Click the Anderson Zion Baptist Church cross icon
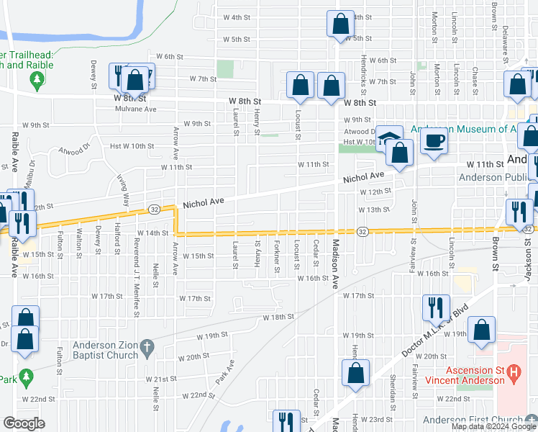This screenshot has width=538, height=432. point(147,347)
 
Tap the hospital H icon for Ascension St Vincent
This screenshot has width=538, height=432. point(514,374)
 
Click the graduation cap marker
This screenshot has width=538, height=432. point(389,138)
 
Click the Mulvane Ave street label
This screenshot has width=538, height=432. point(136,109)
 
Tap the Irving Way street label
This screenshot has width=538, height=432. point(126,192)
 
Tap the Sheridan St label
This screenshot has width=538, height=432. point(393,387)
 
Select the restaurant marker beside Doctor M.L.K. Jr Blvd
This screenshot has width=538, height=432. point(435,307)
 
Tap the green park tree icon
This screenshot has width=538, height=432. point(27,377)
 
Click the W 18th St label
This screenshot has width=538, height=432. point(278,317)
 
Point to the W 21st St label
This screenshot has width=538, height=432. point(160,379)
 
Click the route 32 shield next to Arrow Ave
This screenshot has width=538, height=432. point(155,209)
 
